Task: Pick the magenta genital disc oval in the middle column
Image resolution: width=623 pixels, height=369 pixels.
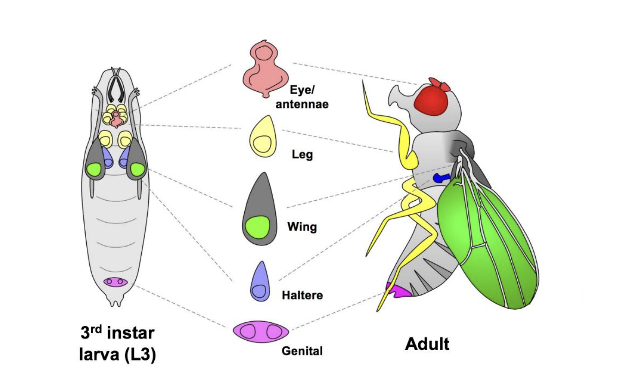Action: click(261, 331)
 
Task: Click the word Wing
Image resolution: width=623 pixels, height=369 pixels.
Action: click(302, 227)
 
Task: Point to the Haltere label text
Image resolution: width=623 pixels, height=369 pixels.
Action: click(302, 294)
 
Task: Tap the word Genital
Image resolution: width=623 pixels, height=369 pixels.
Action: click(302, 351)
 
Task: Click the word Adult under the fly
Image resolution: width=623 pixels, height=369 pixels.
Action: click(427, 344)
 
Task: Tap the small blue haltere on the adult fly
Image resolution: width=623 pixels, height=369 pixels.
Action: click(440, 177)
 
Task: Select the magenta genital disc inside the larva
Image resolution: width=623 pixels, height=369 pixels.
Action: click(115, 282)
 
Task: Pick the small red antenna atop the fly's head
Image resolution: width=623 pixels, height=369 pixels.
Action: click(438, 84)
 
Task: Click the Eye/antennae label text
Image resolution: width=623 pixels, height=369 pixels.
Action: click(302, 97)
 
